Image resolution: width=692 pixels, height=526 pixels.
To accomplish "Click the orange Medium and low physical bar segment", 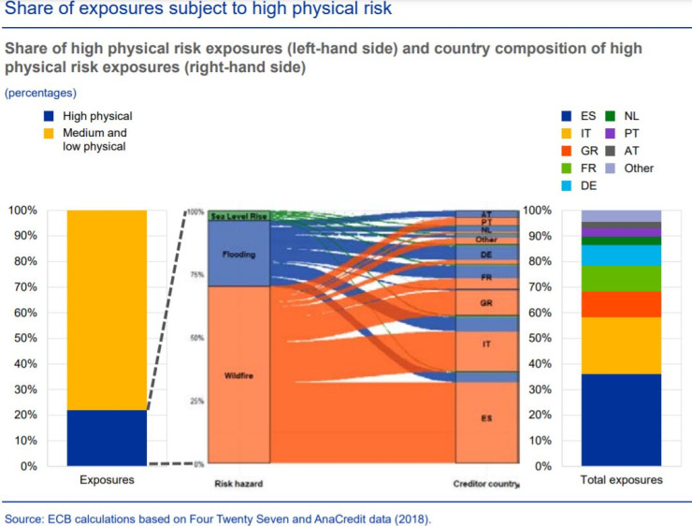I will (107, 309).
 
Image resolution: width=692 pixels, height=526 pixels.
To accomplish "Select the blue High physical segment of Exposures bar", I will (107, 437).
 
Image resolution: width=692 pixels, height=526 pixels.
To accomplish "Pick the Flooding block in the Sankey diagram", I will (239, 254).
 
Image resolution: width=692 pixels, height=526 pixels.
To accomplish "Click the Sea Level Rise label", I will (238, 216).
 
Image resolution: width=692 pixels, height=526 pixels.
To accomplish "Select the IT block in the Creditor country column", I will (486, 344).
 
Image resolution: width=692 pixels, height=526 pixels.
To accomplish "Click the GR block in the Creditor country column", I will (486, 303).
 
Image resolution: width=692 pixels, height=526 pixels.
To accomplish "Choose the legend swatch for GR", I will (565, 151).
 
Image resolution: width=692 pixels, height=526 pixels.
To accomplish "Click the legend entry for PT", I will (627, 133).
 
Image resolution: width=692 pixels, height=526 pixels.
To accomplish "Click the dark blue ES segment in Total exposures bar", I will (621, 419).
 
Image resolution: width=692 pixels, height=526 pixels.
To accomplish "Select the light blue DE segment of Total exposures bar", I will (621, 255).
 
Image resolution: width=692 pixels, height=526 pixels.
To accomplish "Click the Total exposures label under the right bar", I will (621, 480).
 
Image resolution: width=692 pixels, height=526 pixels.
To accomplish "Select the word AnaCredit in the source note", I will (324, 517).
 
